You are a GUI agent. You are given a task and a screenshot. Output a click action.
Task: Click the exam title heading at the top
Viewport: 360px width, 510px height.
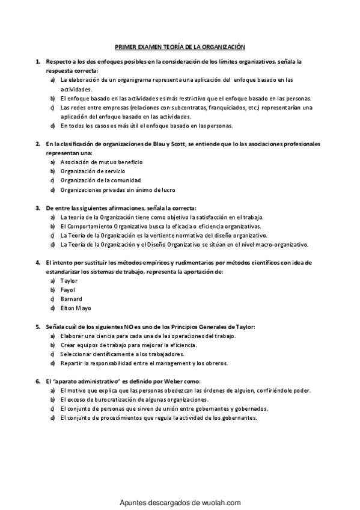180,46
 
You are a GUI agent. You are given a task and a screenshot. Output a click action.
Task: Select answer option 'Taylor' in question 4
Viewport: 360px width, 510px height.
69,280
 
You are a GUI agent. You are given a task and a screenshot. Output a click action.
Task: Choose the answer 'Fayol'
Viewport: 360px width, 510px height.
68,289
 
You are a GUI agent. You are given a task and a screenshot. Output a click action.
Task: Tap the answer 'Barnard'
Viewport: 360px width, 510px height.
72,299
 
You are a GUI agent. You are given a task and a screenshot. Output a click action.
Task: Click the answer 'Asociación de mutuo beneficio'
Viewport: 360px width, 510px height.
101,162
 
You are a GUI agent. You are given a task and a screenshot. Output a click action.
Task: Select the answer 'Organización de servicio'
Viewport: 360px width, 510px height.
93,171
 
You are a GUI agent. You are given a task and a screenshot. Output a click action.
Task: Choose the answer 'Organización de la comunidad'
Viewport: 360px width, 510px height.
100,180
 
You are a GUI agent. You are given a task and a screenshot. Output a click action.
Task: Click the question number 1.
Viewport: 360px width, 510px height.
38,62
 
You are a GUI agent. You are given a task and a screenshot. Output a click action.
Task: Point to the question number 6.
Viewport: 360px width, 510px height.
38,381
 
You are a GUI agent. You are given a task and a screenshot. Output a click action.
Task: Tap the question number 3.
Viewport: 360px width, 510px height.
38,208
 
